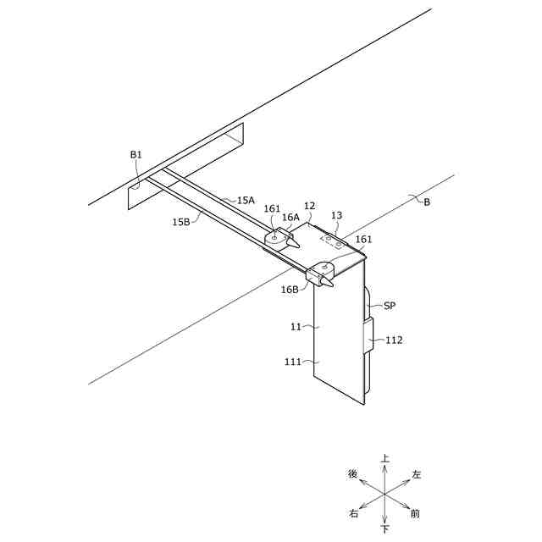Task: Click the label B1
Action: click(x=136, y=155)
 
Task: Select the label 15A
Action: click(x=246, y=201)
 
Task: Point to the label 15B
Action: click(x=181, y=222)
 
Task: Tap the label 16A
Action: click(x=290, y=218)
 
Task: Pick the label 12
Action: click(x=309, y=206)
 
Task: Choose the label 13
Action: click(x=336, y=216)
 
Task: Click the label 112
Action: click(x=394, y=340)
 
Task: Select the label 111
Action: click(x=293, y=362)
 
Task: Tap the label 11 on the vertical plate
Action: click(x=296, y=326)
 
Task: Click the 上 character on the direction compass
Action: click(x=385, y=458)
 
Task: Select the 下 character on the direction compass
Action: click(x=385, y=529)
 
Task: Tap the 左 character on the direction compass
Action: click(x=416, y=474)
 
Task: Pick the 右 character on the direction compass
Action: click(x=353, y=513)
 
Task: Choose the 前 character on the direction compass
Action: click(x=415, y=513)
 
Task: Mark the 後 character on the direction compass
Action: click(x=353, y=474)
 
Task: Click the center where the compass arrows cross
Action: click(x=384, y=494)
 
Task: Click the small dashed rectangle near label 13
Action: click(x=331, y=240)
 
